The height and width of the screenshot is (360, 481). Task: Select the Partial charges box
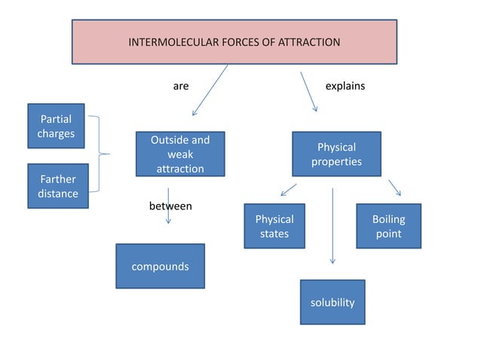[x=57, y=126]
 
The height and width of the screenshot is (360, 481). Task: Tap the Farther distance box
[x=57, y=186]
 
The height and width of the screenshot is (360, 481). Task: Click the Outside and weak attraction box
[x=180, y=154]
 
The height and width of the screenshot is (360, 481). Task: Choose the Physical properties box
[x=336, y=154]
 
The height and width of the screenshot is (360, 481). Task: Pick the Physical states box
[x=274, y=226]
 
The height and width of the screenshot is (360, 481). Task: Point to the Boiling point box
[x=388, y=226]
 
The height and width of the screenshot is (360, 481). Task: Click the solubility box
[x=332, y=302]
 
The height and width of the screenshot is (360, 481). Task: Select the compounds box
[x=160, y=266]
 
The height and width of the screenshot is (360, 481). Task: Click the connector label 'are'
[x=181, y=86]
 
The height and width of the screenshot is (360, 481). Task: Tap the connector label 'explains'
[x=345, y=86]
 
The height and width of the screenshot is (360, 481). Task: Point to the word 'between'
[x=170, y=206]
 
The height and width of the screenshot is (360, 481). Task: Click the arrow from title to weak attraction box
[x=210, y=90]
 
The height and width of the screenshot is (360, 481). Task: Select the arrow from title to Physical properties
[x=309, y=92]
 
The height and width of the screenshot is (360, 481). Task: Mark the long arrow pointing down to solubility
[x=332, y=226]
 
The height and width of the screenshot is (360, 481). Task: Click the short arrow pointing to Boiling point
[x=394, y=188]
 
